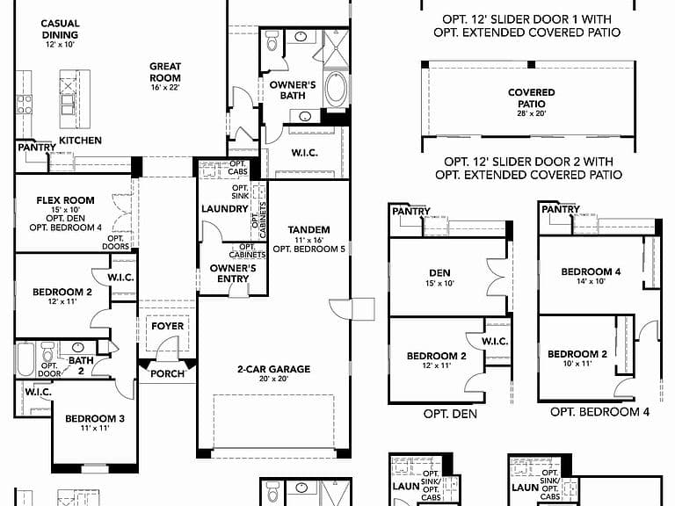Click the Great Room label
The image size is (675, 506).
coord(165,76)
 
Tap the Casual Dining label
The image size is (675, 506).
coord(60,33)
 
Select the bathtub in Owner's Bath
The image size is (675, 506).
coord(336,88)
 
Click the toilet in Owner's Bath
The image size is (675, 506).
coord(272,41)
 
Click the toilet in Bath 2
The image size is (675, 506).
coord(47,352)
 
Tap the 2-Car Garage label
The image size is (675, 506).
coord(274,373)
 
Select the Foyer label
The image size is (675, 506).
coord(168,326)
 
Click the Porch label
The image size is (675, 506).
coord(168,373)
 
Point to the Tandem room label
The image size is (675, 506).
coord(309,239)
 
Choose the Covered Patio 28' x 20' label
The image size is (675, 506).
coord(532,102)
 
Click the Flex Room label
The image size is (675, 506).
coord(65,213)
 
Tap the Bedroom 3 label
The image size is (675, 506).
coord(95,422)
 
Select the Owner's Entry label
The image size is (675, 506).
coord(233,273)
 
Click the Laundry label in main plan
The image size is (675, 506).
coord(225,209)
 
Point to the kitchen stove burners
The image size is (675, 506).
coord(24,105)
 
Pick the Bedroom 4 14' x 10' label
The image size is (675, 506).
coord(591,275)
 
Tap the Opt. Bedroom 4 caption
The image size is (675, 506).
coord(599,412)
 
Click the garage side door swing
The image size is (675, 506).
coord(341,309)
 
